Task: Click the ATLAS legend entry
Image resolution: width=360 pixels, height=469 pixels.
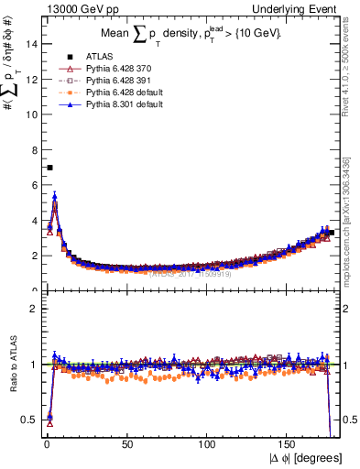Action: coord(95,57)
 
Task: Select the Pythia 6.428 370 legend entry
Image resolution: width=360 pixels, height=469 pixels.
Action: coord(117,69)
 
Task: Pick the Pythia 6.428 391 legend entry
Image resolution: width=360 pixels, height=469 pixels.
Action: coord(117,81)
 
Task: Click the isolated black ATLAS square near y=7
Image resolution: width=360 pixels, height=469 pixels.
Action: coord(49,168)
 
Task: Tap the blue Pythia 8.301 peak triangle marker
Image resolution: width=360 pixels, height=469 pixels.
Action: coord(55,195)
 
